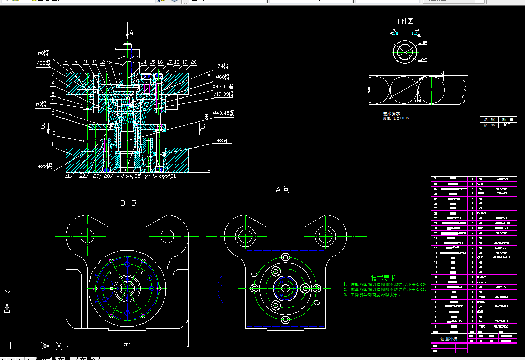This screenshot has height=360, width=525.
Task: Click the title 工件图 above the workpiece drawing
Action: tap(404, 22)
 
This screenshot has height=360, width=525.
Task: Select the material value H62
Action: tap(506, 125)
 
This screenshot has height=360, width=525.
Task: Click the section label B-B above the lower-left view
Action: tap(129, 203)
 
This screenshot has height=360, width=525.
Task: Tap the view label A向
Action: tap(282, 190)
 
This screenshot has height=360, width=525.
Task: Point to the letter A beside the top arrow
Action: tap(131, 32)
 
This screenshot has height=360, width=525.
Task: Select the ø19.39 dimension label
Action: tap(222, 95)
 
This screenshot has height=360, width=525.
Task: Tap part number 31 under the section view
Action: tap(68, 176)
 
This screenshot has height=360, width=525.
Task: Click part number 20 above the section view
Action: tap(193, 62)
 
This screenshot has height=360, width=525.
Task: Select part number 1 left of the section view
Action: tap(52, 145)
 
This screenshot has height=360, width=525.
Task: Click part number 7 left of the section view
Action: tap(52, 75)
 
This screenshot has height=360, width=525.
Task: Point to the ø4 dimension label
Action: tap(222, 66)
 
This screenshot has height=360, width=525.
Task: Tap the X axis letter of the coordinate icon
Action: tap(59, 346)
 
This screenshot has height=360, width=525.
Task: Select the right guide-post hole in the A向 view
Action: tap(325, 236)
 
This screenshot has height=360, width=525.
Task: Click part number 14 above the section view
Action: tap(144, 62)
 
